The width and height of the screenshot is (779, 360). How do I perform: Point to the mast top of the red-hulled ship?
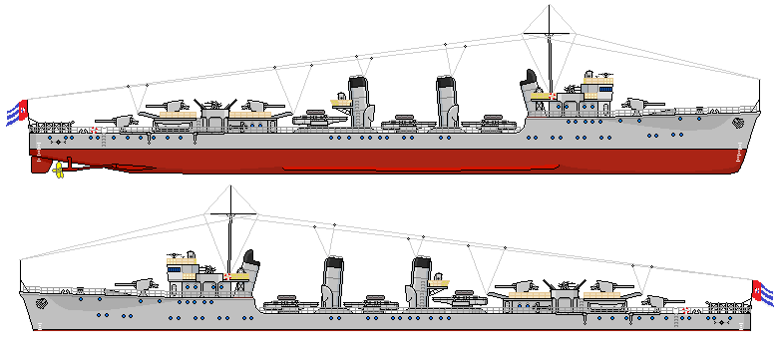551,10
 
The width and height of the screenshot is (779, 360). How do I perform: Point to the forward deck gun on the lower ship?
140,284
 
